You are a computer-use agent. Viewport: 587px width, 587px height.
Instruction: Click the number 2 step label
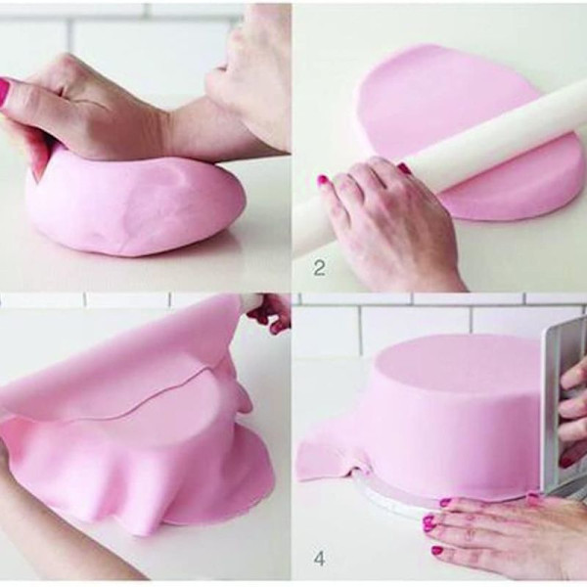tap(319, 268)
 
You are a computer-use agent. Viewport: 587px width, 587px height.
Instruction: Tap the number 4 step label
tap(319, 559)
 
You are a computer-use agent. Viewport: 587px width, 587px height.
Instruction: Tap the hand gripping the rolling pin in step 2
tap(389, 221)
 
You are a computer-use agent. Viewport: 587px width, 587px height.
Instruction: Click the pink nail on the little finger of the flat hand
tap(437, 551)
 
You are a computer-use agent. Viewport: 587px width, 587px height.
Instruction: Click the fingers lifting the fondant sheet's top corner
tap(270, 314)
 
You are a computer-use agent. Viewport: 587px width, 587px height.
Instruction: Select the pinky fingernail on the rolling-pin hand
tap(322, 180)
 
